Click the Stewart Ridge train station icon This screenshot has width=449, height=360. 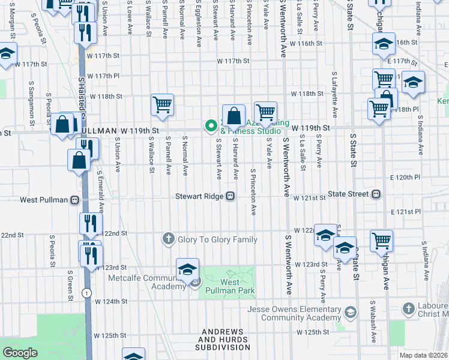[x=230, y=196]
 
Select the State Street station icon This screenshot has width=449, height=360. [x=376, y=194]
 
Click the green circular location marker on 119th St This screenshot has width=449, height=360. [x=211, y=125]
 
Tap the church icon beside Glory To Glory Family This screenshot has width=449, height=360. [x=169, y=239]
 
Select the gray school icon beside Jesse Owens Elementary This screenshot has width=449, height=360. [x=351, y=311]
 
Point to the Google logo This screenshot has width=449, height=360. [x=20, y=353]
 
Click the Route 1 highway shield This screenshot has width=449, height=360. [x=88, y=292]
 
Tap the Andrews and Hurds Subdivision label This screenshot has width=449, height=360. [x=224, y=339]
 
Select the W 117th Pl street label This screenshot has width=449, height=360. [x=104, y=76]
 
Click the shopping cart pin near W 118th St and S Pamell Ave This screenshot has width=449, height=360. [x=163, y=106]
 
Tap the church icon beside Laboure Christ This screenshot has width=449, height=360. [x=408, y=310]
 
